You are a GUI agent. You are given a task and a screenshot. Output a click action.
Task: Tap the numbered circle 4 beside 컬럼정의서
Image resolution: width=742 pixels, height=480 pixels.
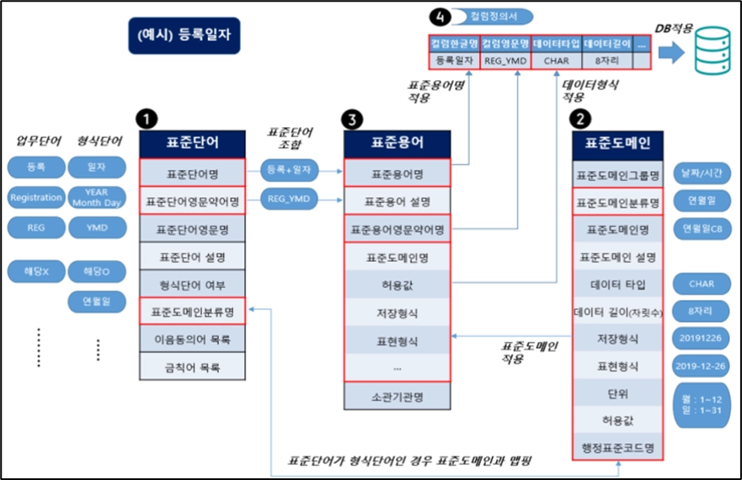[438, 16]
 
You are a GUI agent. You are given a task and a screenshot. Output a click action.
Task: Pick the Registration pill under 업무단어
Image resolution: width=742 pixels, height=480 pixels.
[36, 198]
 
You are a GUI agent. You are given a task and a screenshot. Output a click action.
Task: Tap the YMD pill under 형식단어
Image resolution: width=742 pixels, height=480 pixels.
[98, 227]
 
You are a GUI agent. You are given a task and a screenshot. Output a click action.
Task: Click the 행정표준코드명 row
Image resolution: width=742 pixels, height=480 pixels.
[618, 445]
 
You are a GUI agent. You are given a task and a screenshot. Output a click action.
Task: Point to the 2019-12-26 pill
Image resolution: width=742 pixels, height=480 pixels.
[702, 367]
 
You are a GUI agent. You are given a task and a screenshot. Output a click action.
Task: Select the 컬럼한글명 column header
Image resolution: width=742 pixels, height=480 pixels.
[454, 43]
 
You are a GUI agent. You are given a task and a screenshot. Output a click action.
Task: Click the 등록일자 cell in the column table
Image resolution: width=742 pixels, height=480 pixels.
[454, 61]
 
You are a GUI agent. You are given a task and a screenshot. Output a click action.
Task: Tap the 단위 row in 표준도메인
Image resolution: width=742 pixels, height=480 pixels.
[618, 392]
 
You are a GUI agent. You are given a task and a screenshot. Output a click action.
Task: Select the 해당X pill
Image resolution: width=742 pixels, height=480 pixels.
[36, 271]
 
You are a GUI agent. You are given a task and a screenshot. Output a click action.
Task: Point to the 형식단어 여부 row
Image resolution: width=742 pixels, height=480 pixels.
[193, 284]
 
